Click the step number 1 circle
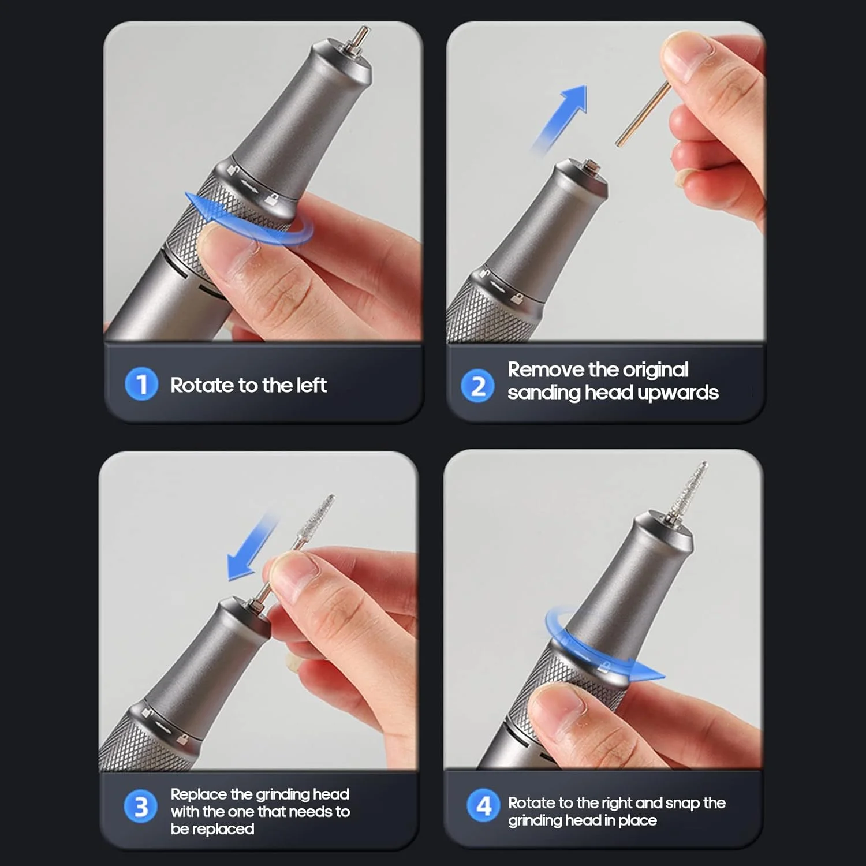click(x=141, y=384)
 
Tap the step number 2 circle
click(x=477, y=386)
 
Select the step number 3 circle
click(x=140, y=807)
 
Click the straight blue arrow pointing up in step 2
click(x=560, y=118)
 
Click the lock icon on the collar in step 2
click(x=517, y=298)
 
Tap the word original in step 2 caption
click(x=655, y=370)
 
